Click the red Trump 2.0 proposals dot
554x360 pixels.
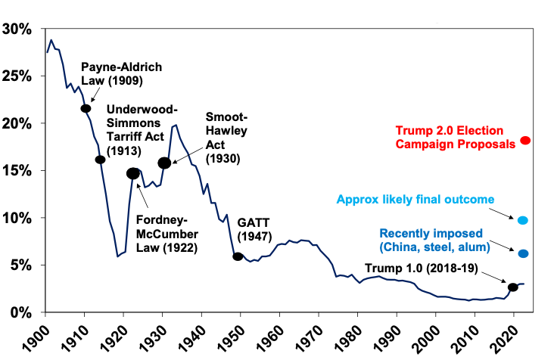525,141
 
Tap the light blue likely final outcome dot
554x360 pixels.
522,220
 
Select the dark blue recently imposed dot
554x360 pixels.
522,253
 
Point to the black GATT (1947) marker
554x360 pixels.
238,256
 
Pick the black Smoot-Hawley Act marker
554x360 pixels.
164,163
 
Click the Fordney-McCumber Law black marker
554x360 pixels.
133,173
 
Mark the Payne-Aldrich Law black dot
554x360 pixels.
86,109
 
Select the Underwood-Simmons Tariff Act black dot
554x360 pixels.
100,159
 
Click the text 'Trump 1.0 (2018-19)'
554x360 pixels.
428,268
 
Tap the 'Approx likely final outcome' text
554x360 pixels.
415,200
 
